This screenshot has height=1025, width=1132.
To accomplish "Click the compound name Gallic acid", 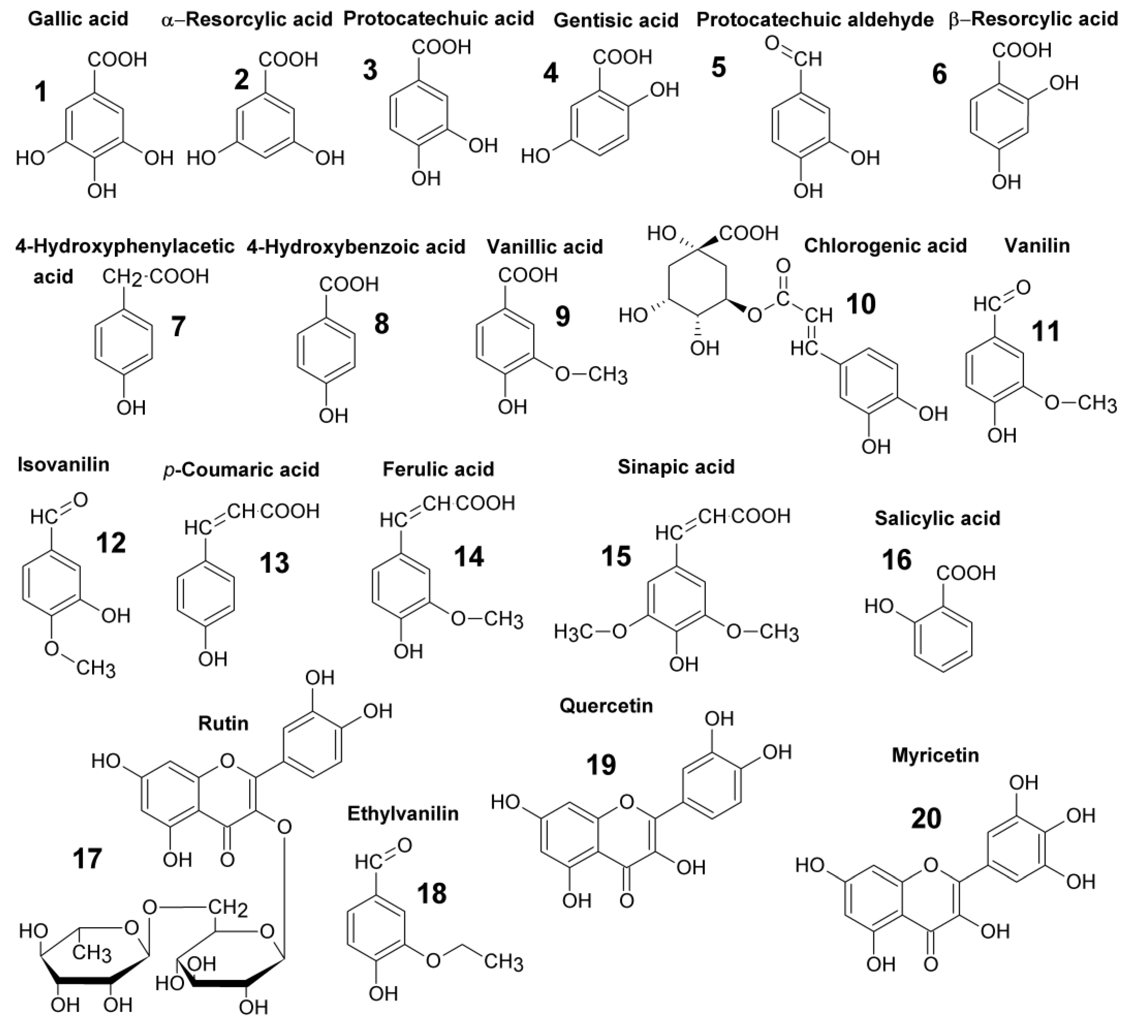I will [x=78, y=19].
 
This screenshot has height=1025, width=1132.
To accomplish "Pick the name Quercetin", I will [x=606, y=705].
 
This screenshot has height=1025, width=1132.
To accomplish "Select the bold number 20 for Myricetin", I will [x=926, y=818].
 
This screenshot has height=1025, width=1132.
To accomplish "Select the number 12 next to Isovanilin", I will [x=110, y=543].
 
